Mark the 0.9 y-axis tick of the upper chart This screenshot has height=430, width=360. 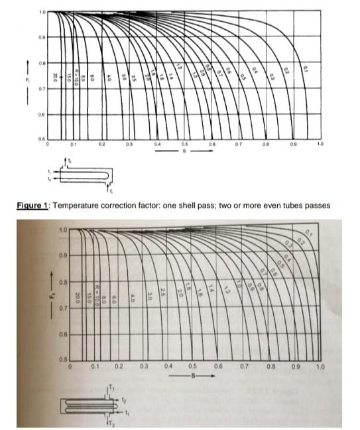[x=42, y=38]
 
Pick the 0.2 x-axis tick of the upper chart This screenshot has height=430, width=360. [x=101, y=143]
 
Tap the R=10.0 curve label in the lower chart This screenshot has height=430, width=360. [x=97, y=290]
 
